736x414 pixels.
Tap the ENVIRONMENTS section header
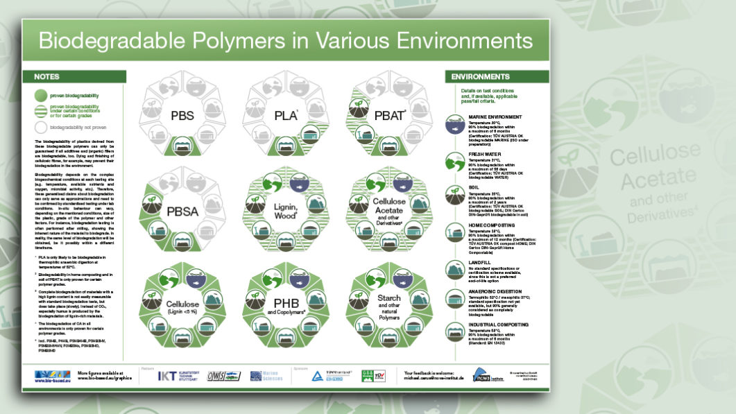[480, 76]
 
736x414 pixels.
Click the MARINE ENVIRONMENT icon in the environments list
[455, 126]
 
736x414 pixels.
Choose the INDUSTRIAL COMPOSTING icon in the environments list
[455, 334]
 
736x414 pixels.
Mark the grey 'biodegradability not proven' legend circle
[40, 128]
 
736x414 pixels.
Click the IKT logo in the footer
[169, 376]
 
